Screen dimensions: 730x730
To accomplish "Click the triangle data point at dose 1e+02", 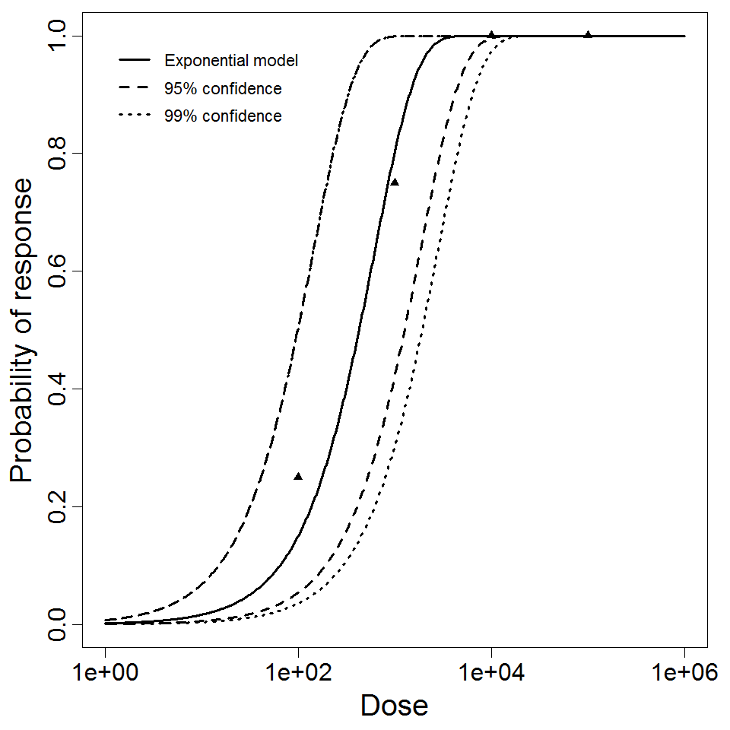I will coord(298,477).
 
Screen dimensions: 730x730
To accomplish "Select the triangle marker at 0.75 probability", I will coord(395,182).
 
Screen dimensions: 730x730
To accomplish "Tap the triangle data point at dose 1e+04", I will coord(491,35).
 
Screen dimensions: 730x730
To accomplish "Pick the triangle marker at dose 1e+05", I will coord(588,35).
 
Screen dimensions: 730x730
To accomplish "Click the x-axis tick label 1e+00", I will coord(105,674).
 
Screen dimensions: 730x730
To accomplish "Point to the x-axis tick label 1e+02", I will coord(298,674).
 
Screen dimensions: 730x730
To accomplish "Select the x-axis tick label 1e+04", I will coord(491,674).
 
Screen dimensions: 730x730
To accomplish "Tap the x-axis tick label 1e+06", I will coord(684,674).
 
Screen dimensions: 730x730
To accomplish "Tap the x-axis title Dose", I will coord(394,706).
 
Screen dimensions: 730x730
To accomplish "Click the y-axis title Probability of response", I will coord(22,330).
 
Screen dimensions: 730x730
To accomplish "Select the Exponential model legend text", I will coord(231,61).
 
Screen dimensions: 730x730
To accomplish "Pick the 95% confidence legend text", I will coord(223,89).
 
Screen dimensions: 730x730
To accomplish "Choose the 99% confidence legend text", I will coord(223,116).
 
